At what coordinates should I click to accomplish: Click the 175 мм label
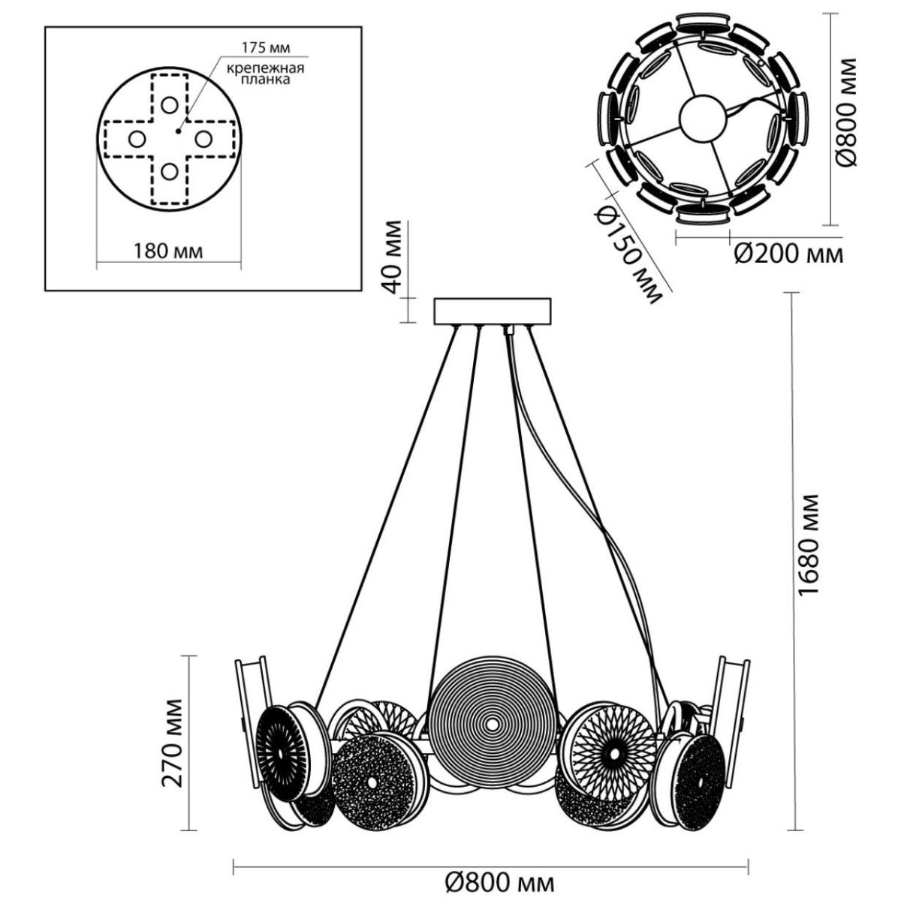click(265, 48)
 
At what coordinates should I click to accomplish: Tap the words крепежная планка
click(265, 74)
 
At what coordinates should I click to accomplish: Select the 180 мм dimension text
click(168, 252)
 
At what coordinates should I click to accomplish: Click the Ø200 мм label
click(789, 255)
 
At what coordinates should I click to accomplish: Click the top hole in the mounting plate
click(169, 105)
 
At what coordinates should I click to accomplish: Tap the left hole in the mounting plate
click(137, 140)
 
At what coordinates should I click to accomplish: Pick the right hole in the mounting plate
click(203, 140)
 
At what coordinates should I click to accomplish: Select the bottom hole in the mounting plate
click(169, 172)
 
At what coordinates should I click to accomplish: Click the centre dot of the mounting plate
click(178, 131)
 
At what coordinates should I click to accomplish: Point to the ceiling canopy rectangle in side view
click(493, 312)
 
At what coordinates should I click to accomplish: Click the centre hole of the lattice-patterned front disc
click(613, 755)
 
